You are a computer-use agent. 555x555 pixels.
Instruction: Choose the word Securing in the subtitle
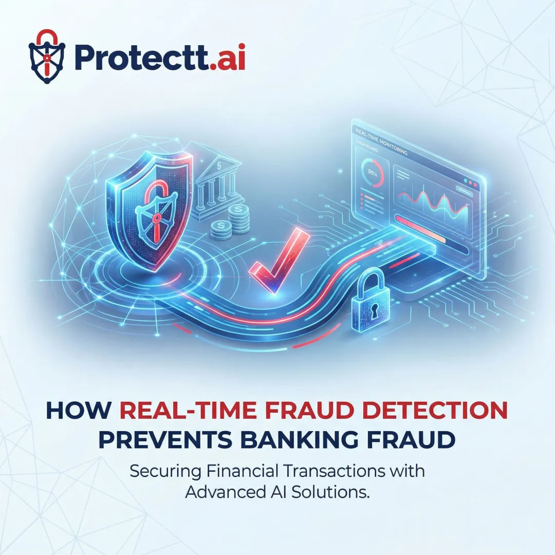162,471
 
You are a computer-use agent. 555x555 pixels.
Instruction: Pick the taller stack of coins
237,218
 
